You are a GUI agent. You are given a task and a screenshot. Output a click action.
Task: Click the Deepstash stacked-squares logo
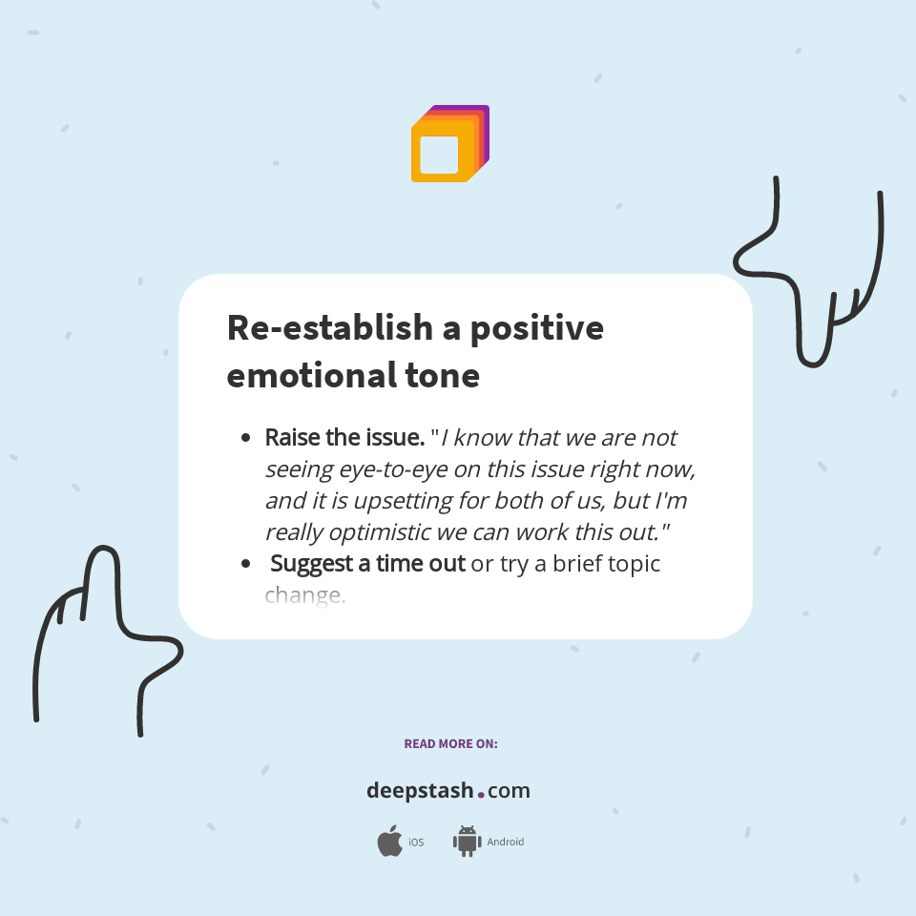(449, 144)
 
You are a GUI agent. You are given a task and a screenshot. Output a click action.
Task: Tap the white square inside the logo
(440, 155)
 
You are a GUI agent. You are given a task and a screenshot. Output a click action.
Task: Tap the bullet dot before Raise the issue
(246, 439)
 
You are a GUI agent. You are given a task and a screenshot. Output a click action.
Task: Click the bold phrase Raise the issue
(344, 438)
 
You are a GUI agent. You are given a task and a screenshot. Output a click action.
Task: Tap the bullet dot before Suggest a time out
(246, 565)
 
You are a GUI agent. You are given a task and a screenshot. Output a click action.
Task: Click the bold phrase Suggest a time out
(367, 564)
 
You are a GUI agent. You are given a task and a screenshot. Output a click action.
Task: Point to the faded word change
(304, 596)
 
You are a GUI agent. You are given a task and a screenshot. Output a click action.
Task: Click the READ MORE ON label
(450, 743)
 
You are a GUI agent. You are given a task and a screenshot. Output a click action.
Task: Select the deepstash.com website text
(448, 791)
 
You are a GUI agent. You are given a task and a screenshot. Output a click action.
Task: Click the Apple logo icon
(389, 842)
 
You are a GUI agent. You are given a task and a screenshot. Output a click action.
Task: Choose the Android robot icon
(467, 841)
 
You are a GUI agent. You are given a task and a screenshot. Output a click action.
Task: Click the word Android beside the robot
(506, 843)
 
